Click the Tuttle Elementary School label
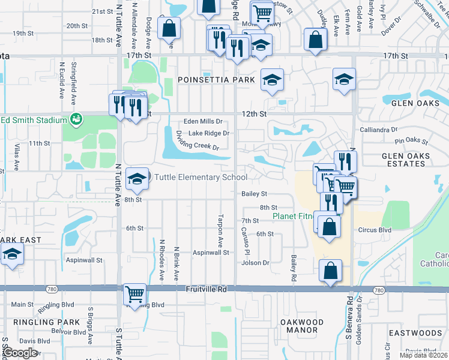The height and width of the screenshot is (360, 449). click(201, 177)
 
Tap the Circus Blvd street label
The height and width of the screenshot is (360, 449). click(376, 230)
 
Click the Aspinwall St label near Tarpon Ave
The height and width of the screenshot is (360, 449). click(211, 253)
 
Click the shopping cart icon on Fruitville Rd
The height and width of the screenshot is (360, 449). click(135, 294)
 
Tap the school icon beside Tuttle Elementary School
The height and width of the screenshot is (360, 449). click(137, 178)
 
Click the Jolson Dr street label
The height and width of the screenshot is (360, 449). click(255, 263)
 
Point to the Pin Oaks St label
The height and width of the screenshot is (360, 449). click(411, 142)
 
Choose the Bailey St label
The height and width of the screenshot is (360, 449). click(254, 194)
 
